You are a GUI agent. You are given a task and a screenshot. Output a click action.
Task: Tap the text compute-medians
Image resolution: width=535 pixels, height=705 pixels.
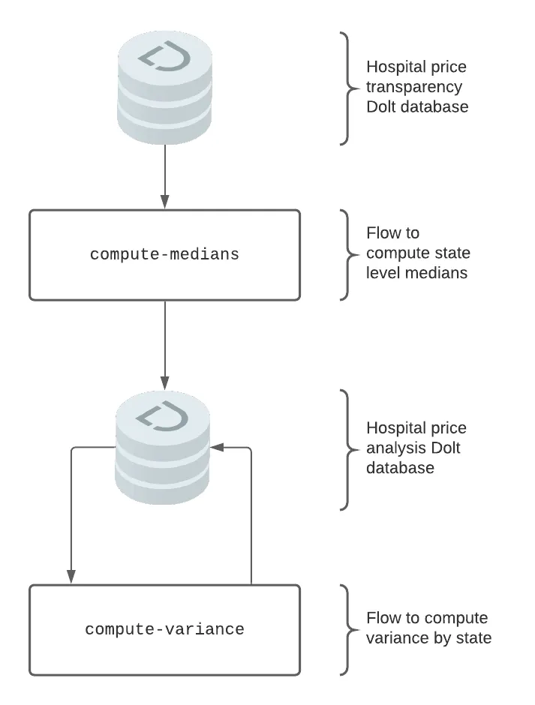point(164,255)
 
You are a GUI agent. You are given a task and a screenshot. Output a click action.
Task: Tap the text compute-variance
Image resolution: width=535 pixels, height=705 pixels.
point(164,629)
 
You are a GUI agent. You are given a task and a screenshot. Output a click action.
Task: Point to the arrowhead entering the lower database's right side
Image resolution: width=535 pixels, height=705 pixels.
point(217,447)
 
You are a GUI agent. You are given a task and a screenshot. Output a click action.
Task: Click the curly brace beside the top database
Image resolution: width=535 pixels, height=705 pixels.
point(346,88)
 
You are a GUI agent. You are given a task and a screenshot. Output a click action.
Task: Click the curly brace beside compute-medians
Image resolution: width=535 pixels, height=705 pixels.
point(346,255)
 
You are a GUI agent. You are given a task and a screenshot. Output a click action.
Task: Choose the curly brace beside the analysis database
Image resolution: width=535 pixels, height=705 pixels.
point(346,448)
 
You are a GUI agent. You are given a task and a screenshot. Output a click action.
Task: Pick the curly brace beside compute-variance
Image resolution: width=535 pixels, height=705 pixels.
point(346,628)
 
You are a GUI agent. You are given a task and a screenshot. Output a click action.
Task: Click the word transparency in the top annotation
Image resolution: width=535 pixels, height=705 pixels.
point(414,87)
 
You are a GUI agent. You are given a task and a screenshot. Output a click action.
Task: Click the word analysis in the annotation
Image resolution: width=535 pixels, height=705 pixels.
point(394,448)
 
